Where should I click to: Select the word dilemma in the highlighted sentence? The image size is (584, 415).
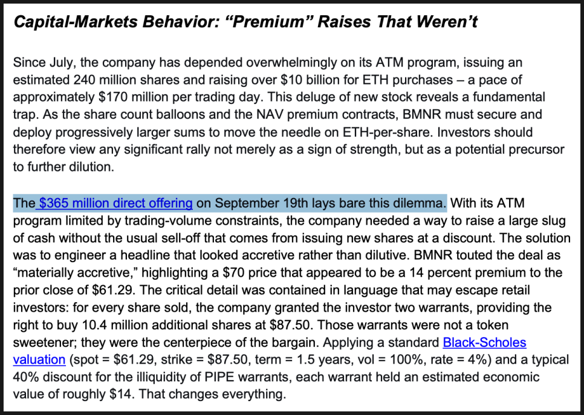point(420,202)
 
